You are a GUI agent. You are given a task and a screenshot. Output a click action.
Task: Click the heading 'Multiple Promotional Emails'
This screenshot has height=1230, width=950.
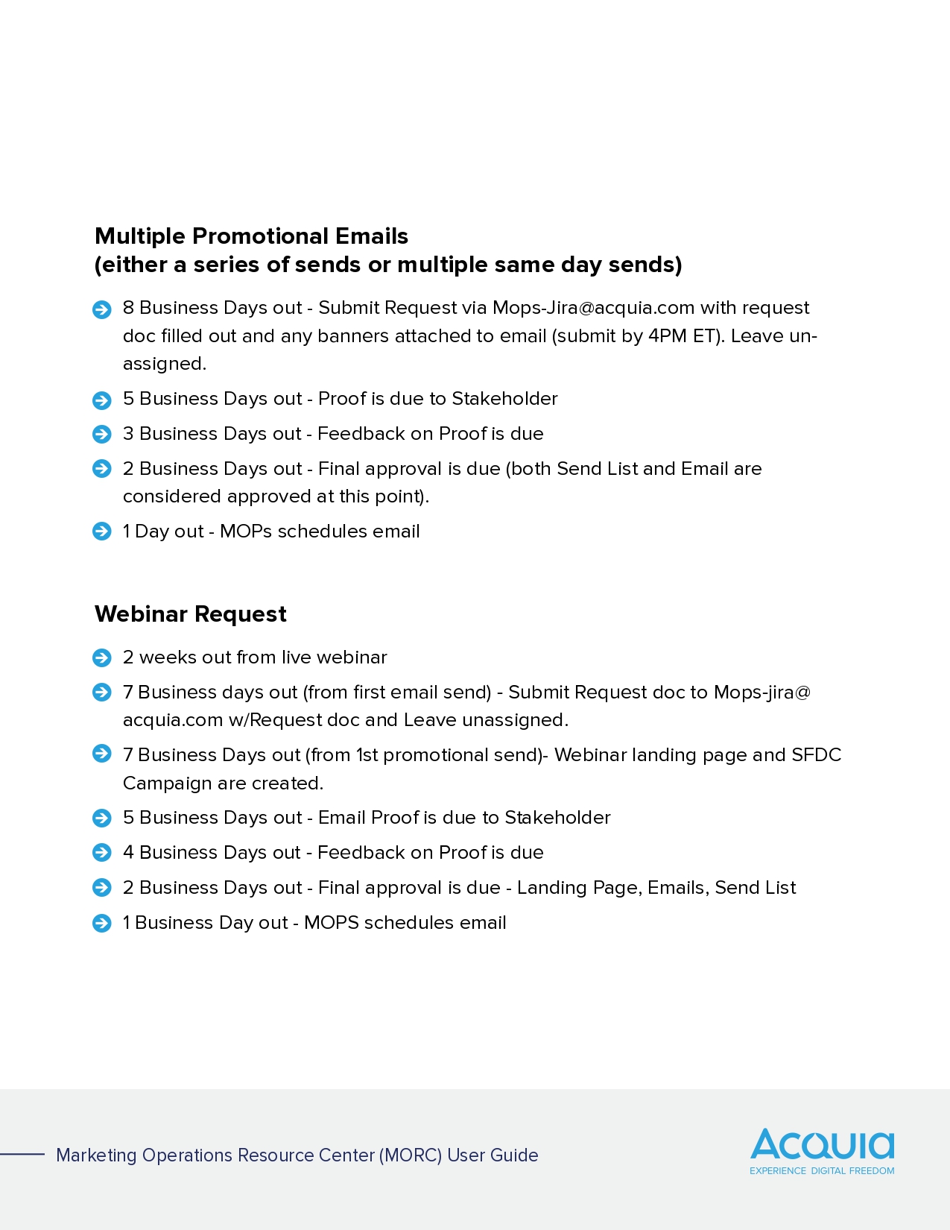(251, 236)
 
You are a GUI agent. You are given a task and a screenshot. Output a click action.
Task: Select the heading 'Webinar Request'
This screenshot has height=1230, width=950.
(190, 614)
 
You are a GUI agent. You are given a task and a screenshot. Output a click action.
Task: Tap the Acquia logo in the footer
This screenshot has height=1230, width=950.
(822, 1144)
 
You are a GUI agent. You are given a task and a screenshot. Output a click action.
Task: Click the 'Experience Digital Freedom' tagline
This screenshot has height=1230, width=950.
(822, 1171)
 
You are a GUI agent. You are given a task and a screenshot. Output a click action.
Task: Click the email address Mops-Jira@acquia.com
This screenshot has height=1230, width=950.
(593, 308)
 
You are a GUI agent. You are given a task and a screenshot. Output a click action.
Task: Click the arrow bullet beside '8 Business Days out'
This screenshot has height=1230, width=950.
(102, 309)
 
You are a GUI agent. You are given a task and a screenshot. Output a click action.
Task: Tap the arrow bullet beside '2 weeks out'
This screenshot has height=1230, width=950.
(102, 658)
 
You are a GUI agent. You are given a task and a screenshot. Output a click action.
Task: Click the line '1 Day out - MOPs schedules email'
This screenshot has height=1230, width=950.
(271, 532)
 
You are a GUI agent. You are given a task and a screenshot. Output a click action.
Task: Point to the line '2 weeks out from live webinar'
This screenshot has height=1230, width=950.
(255, 657)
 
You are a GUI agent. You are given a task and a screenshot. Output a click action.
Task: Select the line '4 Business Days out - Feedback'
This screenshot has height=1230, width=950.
(333, 853)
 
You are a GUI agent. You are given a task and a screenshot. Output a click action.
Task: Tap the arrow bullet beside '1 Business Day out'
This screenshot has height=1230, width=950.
(102, 924)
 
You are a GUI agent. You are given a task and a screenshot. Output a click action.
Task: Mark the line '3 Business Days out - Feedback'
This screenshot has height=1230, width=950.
(333, 434)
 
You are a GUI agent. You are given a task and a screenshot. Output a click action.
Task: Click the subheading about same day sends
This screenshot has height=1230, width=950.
(388, 265)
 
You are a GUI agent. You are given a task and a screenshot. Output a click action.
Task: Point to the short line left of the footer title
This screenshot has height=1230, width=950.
(22, 1155)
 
